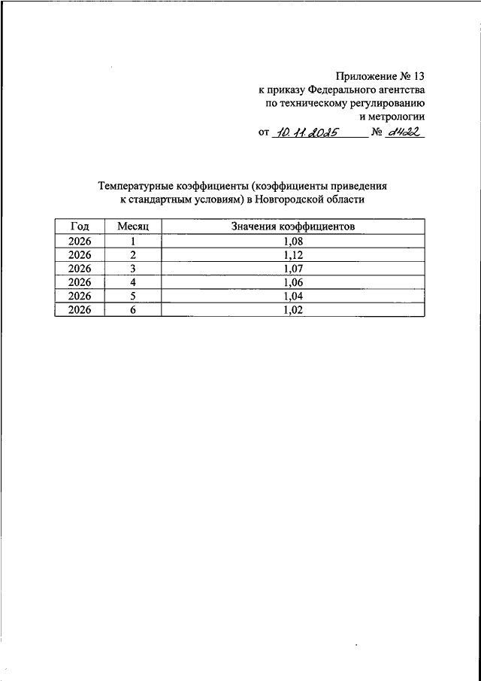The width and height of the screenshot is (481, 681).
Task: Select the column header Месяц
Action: [x=134, y=226]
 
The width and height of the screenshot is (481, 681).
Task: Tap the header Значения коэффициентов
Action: [x=293, y=226]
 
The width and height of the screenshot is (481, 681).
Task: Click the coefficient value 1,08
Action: [x=293, y=241]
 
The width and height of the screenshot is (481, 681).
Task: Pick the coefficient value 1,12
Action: [x=293, y=254]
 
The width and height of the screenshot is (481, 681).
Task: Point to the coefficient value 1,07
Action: [x=293, y=268]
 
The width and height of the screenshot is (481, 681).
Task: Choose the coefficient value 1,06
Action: [x=293, y=282]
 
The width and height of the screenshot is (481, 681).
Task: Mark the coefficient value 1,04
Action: [x=293, y=296]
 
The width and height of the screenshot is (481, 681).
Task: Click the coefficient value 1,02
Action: [x=293, y=309]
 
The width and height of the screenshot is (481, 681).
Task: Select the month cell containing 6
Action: [x=132, y=309]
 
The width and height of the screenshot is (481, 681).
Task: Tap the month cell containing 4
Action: [x=132, y=282]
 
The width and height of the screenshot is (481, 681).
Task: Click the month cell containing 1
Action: [x=132, y=241]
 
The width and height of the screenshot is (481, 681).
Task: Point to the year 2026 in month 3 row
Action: [x=80, y=268]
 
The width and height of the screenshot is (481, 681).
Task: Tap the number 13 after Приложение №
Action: [x=418, y=75]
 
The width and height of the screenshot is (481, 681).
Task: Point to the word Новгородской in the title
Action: [x=288, y=200]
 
